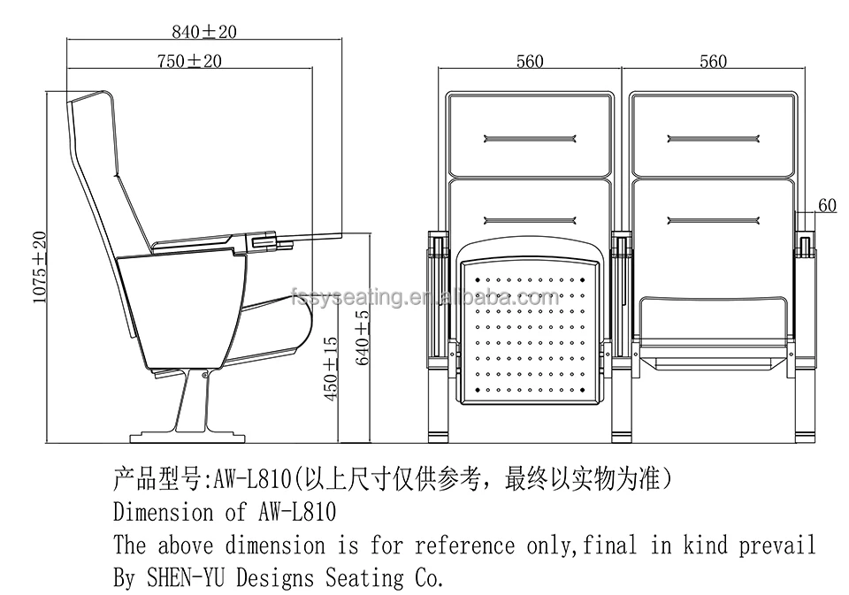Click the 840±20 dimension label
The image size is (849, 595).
tap(204, 33)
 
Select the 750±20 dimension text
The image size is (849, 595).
tap(188, 61)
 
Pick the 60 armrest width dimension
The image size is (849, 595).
tap(827, 205)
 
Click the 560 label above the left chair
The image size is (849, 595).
tap(529, 61)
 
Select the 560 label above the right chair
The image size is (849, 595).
tap(713, 61)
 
